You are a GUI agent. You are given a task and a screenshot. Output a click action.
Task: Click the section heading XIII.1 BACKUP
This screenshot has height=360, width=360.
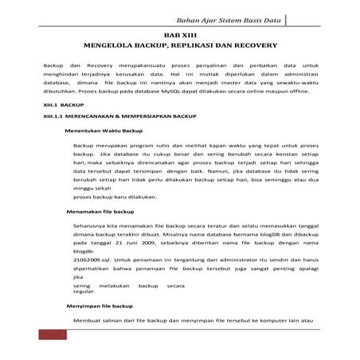[x=63, y=104]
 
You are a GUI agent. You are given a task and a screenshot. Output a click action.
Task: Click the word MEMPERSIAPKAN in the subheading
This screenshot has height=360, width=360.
[x=152, y=116]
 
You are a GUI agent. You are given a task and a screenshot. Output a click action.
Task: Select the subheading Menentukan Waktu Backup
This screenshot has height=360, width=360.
[x=104, y=130]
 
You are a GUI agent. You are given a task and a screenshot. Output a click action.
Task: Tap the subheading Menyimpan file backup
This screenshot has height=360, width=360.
[x=100, y=306]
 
